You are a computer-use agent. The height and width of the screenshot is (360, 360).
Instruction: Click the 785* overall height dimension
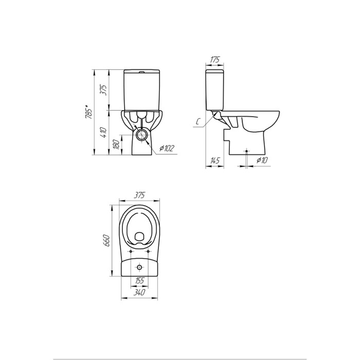point(88,112)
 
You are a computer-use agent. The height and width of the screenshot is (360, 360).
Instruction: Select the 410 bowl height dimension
point(103,132)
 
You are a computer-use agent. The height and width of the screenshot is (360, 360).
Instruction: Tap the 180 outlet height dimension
point(116,145)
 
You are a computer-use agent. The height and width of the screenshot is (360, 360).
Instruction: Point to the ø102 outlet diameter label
point(167,149)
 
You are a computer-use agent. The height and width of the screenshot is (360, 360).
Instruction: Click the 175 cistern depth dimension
point(215,59)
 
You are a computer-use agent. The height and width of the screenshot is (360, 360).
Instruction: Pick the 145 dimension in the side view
point(214,160)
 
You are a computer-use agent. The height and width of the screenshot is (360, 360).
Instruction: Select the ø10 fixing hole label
point(262,160)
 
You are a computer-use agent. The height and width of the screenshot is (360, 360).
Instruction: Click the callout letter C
point(197,122)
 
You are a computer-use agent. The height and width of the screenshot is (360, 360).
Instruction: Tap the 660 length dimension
point(107,240)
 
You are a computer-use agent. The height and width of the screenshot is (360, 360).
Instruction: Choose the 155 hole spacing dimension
point(139,280)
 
